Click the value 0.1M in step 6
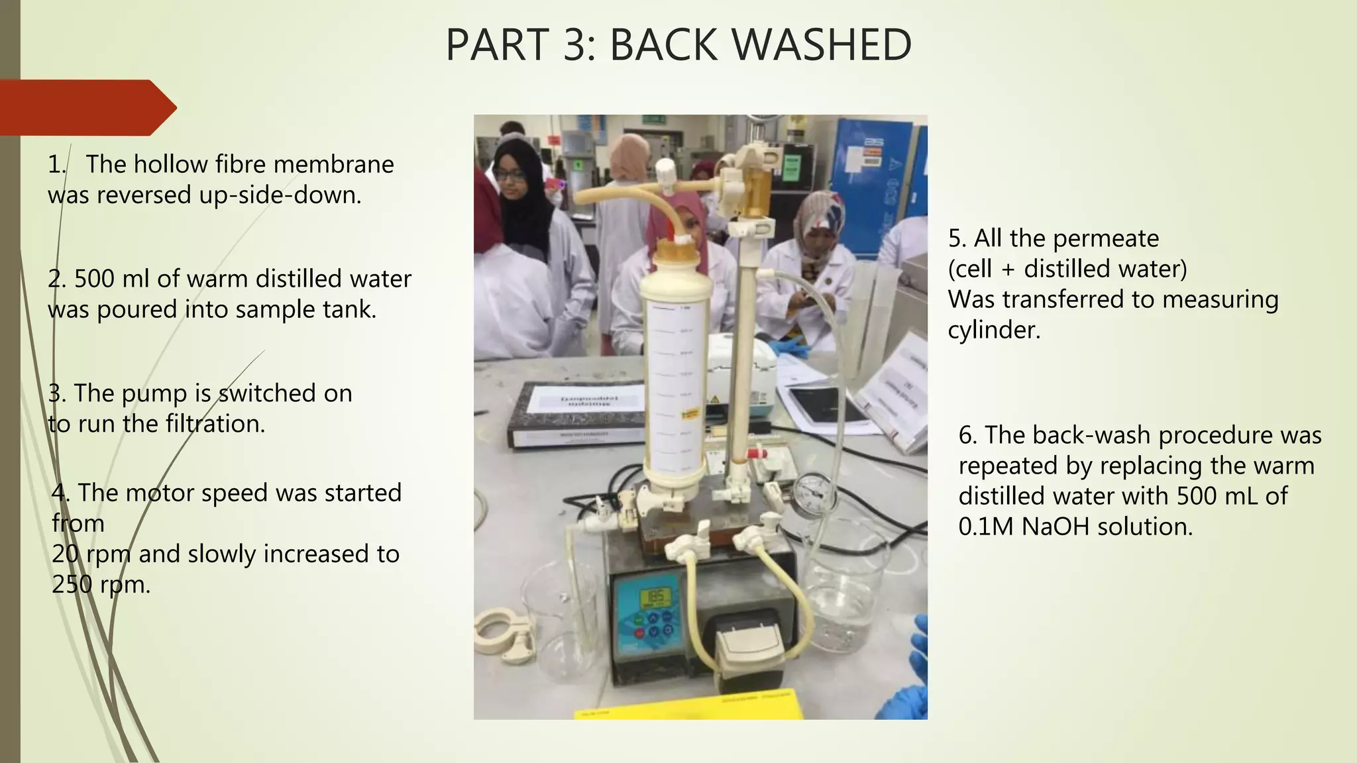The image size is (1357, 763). (987, 527)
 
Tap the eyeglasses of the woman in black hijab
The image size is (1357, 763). (509, 176)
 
